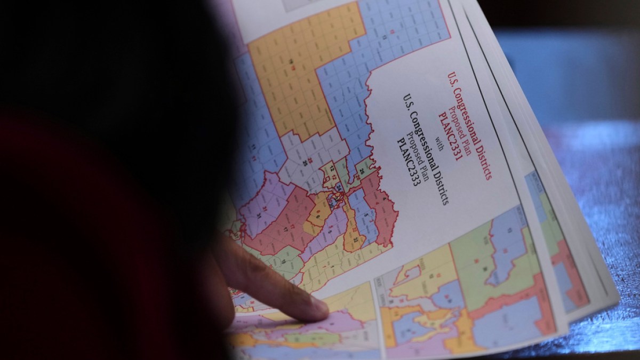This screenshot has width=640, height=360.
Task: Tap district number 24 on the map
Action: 337,187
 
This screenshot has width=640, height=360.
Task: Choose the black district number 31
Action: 259,215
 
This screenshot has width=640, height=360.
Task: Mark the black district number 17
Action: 285,229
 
